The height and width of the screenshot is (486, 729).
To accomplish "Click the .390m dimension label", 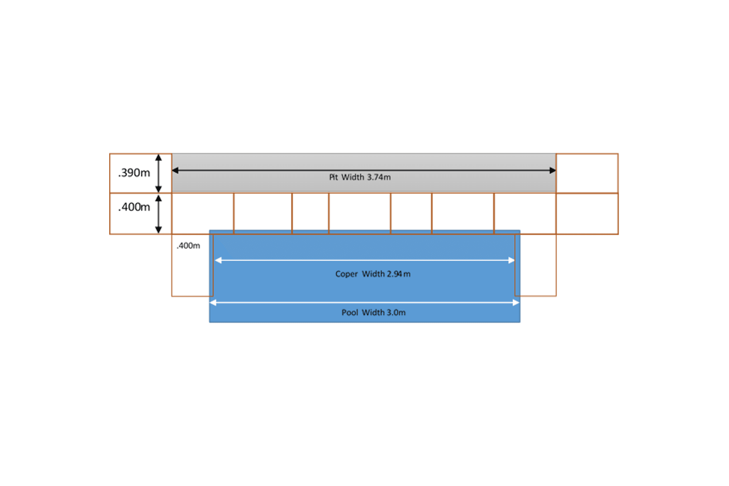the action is (x=134, y=173).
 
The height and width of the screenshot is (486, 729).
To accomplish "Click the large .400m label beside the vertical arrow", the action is (x=134, y=207).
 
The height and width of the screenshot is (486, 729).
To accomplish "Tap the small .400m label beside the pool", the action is (x=188, y=246).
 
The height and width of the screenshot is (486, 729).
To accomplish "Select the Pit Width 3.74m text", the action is (x=360, y=177).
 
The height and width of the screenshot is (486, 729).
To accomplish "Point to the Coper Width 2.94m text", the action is (x=373, y=274).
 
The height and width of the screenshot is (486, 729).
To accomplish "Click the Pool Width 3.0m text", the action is (x=373, y=313).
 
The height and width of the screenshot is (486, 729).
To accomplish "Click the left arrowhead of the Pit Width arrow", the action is (x=175, y=170).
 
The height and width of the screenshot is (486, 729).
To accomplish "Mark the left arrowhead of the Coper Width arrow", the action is (x=218, y=260).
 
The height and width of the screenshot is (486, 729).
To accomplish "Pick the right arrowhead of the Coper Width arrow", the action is (x=511, y=260).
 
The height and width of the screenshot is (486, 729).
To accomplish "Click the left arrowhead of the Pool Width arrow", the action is (x=213, y=302).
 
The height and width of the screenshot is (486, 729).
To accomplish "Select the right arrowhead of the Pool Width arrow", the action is (x=516, y=302).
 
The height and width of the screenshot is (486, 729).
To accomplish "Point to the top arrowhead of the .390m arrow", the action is (x=158, y=158).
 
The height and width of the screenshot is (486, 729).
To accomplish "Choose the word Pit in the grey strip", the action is (x=333, y=177).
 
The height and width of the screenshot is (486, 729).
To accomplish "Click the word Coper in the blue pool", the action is (x=347, y=274).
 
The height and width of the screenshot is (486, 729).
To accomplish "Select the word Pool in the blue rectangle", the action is (x=350, y=313).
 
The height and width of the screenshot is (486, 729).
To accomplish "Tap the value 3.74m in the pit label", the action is (x=379, y=177).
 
